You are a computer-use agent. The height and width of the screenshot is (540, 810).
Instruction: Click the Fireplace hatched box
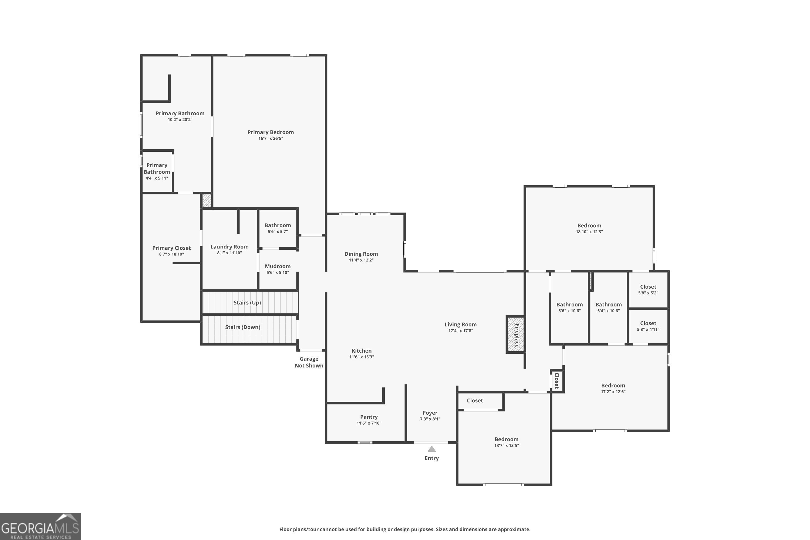click(515, 335)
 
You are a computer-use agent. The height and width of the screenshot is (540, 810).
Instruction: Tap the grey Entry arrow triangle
click(431, 449)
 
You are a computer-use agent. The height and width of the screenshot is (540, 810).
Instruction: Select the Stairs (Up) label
click(247, 302)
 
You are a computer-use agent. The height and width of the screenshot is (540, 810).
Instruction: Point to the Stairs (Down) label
click(242, 327)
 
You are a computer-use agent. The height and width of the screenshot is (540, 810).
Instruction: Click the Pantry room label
click(369, 417)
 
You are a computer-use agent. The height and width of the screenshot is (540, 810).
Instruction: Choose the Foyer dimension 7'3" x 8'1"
click(430, 419)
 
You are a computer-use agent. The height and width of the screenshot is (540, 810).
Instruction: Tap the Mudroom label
click(278, 266)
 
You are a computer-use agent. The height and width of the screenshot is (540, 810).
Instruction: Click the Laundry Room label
click(229, 247)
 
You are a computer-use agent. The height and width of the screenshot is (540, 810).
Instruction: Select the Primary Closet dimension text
click(171, 254)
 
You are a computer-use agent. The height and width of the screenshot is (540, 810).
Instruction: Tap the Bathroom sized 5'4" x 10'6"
click(608, 307)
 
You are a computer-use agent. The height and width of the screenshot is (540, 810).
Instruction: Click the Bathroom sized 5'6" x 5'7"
click(278, 228)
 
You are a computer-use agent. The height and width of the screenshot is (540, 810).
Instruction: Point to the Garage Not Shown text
click(309, 362)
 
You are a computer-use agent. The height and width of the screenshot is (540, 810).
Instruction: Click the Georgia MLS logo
click(40, 526)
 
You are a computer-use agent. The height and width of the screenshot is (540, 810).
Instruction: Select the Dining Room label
click(361, 254)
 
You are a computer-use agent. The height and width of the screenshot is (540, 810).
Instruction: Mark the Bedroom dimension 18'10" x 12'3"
click(589, 232)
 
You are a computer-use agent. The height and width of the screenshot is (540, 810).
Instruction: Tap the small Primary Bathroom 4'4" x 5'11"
click(157, 171)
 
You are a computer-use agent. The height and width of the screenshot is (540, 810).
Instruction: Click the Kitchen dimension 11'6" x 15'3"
click(361, 357)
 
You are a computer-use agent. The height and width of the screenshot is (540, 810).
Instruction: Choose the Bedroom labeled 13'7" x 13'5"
click(506, 442)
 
